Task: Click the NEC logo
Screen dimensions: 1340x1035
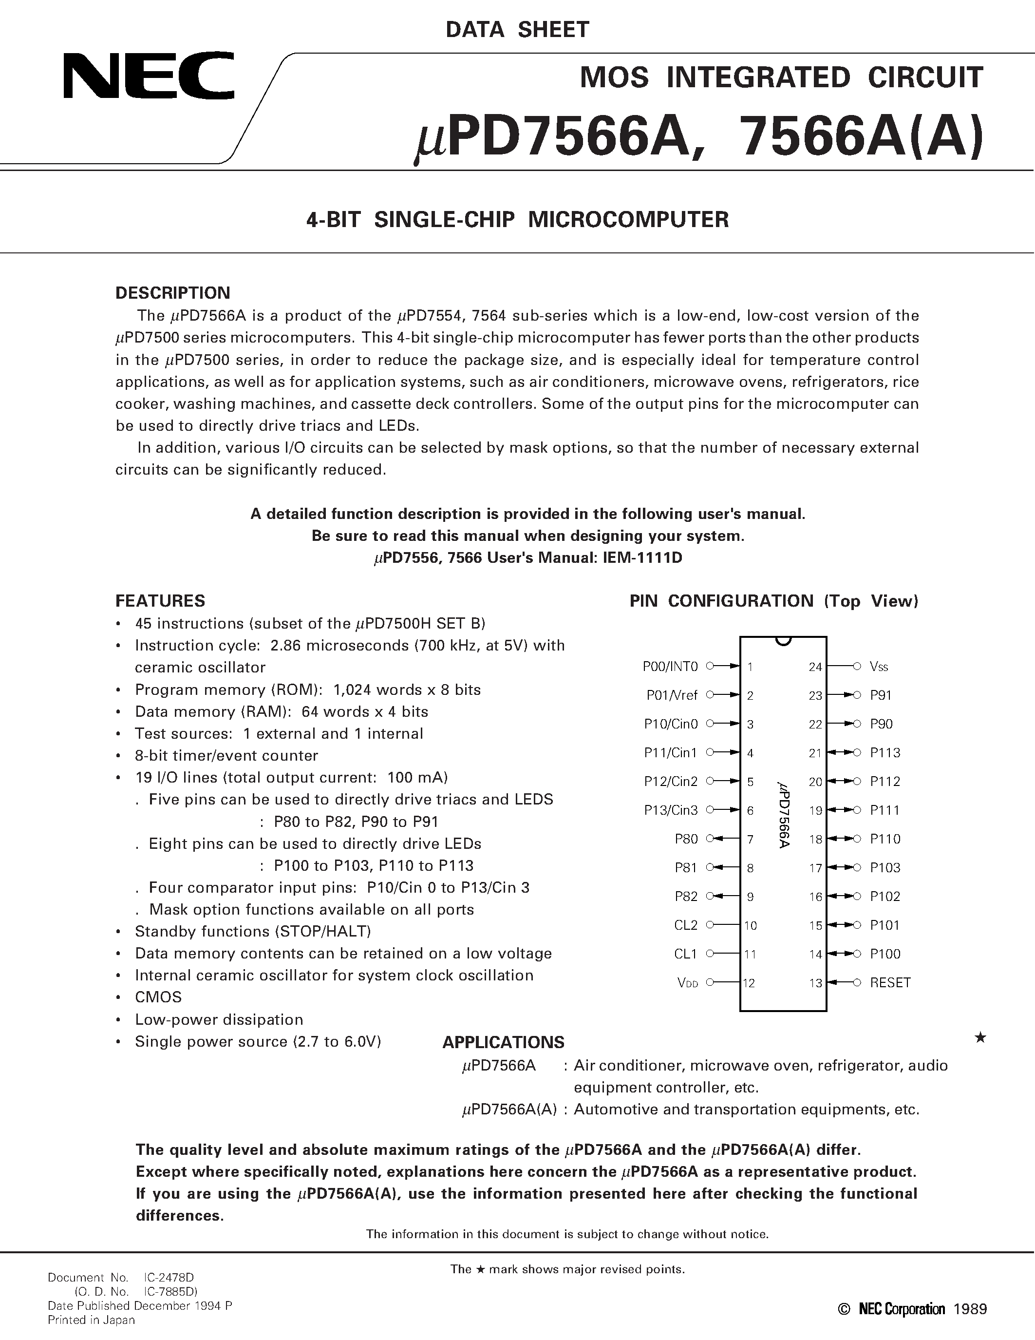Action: point(149,76)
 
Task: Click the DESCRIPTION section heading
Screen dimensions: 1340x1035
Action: point(173,293)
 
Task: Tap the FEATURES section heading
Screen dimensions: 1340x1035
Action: point(161,601)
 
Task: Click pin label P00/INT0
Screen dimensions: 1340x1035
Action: point(670,666)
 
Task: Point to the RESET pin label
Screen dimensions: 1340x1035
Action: point(890,982)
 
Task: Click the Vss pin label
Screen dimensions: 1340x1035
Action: point(879,666)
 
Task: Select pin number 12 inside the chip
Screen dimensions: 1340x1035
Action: point(749,983)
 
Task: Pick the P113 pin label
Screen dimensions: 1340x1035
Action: point(885,753)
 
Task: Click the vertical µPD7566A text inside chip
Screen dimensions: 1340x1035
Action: point(783,815)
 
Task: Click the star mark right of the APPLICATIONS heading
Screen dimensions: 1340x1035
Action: point(980,1037)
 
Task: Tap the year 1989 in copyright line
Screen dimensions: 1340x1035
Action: point(971,1309)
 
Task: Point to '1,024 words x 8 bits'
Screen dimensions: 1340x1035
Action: point(407,689)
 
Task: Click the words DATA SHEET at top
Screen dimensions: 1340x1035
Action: point(517,29)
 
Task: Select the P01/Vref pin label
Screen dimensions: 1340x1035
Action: point(672,695)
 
